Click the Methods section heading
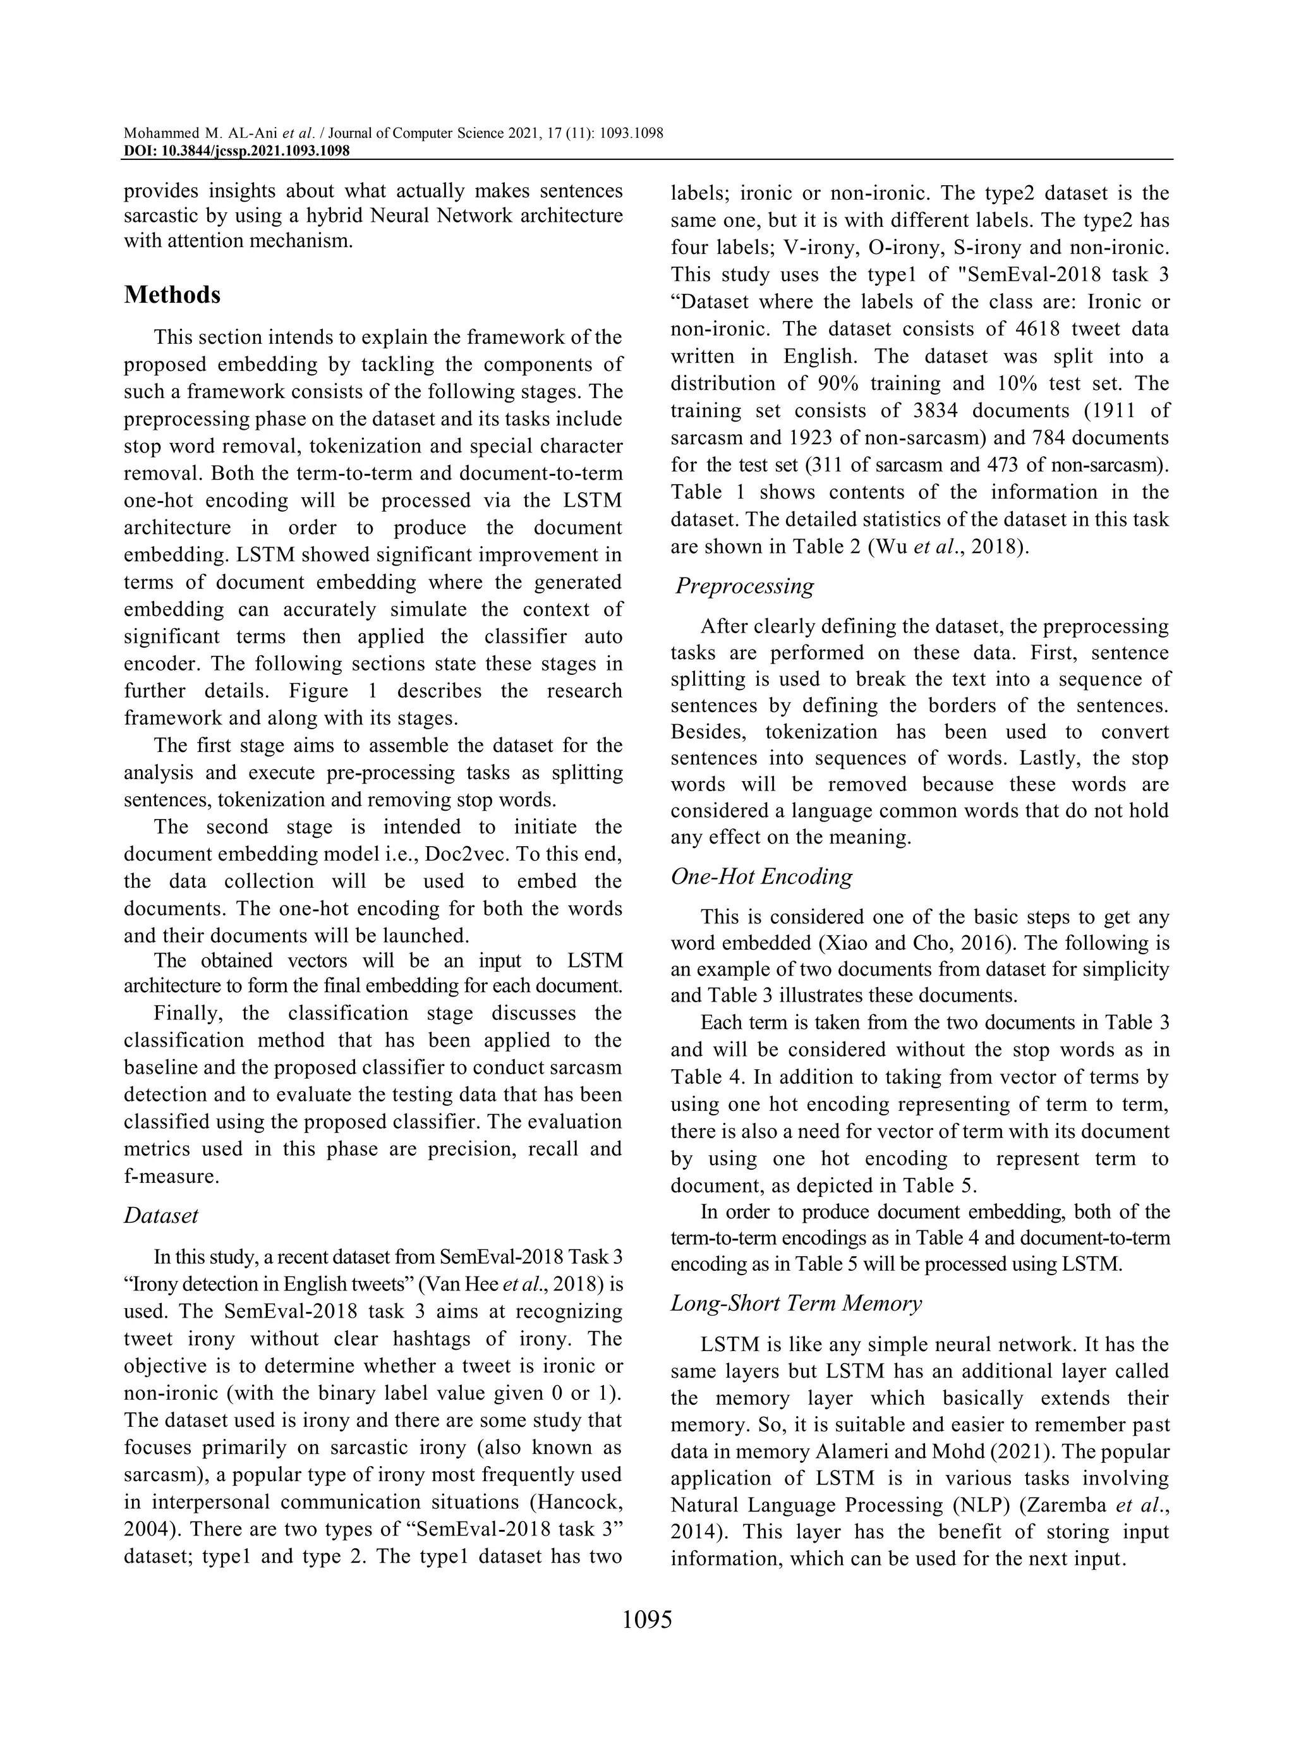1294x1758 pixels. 172,294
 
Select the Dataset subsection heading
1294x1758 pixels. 161,1215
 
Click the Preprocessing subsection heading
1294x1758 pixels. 745,585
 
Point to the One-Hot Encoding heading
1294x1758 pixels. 761,876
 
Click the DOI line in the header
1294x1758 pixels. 236,150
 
